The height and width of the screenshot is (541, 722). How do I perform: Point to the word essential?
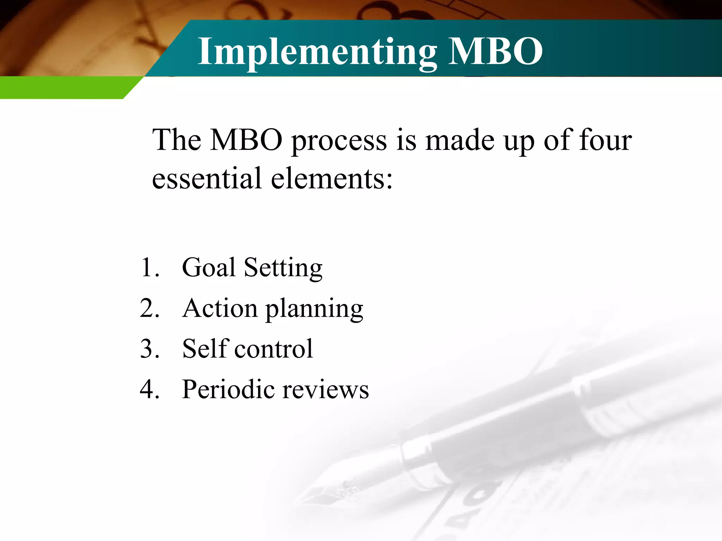click(x=207, y=178)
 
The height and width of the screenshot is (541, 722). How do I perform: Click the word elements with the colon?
click(x=331, y=178)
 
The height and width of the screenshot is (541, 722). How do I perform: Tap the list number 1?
click(x=149, y=268)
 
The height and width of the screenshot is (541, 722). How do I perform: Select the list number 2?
click(x=149, y=308)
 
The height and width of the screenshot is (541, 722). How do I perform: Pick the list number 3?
click(x=149, y=349)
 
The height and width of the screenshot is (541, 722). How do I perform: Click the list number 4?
click(x=149, y=390)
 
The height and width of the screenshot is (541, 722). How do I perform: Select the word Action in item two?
click(x=220, y=308)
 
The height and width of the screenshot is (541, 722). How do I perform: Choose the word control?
click(x=274, y=349)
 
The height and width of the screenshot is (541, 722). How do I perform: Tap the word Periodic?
click(x=228, y=390)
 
